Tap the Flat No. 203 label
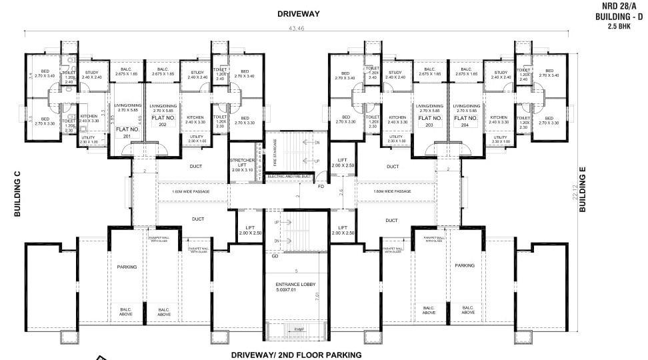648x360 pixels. coord(430,120)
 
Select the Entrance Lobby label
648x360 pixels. coord(295,287)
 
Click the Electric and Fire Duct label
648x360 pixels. coord(290,176)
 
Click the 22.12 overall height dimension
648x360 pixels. coord(575,193)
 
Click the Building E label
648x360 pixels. coord(583,190)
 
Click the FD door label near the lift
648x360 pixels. coord(321,187)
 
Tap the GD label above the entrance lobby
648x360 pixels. coord(275,256)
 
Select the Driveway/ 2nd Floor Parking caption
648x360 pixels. coord(296,355)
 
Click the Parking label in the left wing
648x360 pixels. coord(127,267)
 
